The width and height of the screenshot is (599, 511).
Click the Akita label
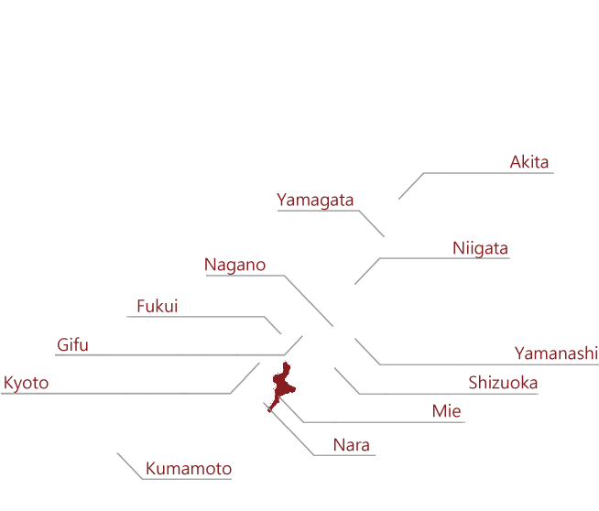529,162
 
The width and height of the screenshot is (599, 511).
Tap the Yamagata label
315,201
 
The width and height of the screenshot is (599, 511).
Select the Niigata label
480,248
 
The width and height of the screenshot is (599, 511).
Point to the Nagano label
235,265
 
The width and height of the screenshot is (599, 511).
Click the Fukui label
158,306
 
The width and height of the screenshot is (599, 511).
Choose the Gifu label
72,344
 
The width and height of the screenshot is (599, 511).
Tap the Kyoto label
26,383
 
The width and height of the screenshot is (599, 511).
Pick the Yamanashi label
556,353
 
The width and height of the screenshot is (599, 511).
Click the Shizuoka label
503,383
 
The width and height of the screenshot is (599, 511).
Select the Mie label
447,411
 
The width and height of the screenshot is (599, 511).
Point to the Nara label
352,445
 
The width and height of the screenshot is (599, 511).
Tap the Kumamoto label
189,469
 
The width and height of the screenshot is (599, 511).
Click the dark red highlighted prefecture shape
283,384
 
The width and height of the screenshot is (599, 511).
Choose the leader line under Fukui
203,317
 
